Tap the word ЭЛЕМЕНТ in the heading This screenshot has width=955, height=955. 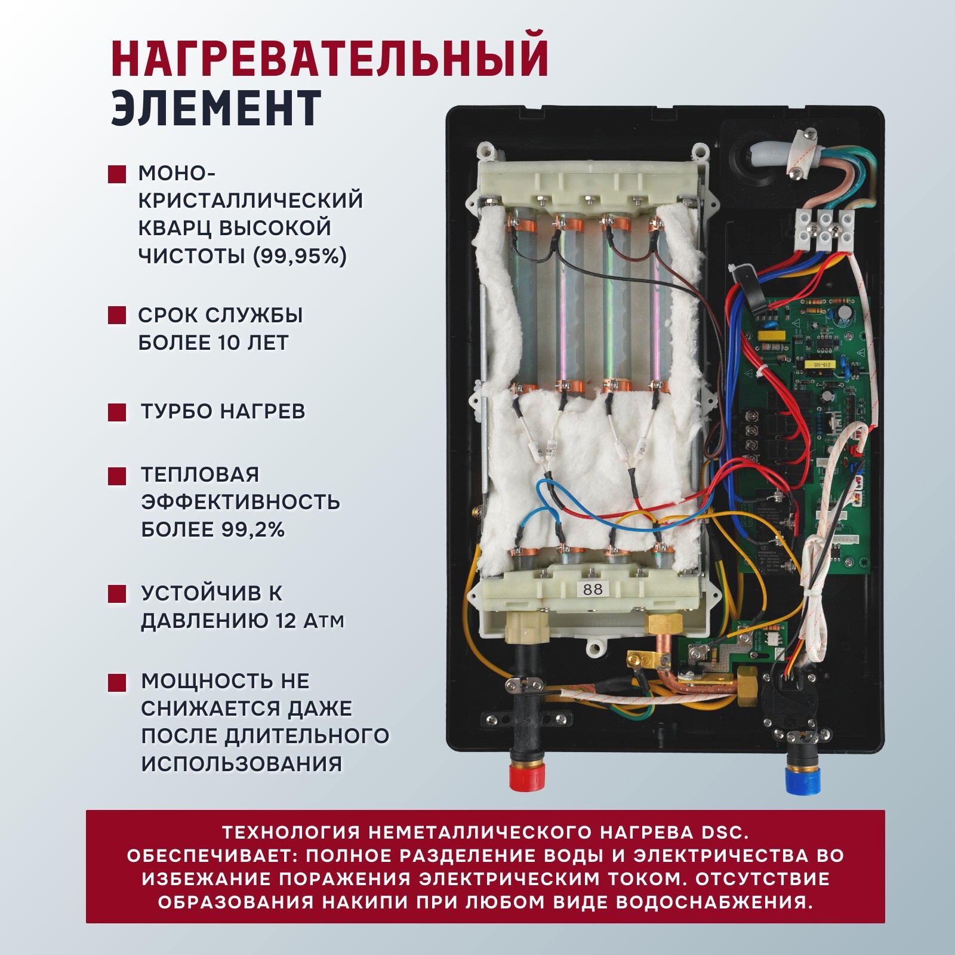pos(216,109)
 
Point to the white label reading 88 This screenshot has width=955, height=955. pos(593,590)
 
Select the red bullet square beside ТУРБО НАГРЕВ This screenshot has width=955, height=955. pos(117,412)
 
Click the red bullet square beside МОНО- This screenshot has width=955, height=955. pos(117,174)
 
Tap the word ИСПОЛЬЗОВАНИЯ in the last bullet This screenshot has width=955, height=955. pos(242,763)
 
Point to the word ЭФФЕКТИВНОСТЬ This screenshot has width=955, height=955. pos(241,502)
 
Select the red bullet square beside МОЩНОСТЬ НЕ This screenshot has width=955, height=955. pos(117,682)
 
